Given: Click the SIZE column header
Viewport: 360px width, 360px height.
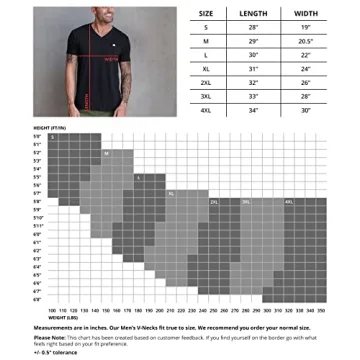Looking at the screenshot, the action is point(206,13).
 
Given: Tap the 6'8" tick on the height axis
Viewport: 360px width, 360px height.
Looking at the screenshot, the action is point(37,299).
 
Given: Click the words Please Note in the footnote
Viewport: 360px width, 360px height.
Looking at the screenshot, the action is point(45,337).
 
